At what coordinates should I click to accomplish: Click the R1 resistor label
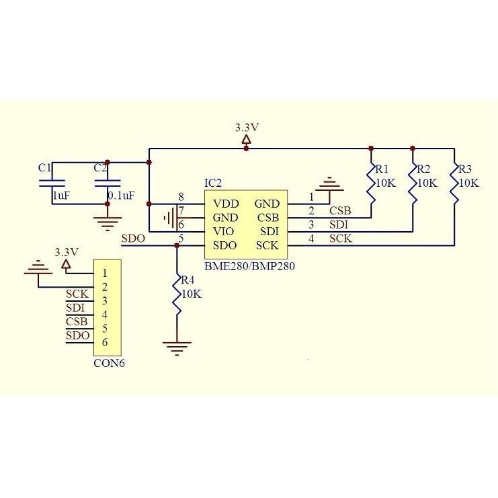coord(382,169)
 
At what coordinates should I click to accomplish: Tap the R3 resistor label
coord(466,169)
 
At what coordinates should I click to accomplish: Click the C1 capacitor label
coord(44,167)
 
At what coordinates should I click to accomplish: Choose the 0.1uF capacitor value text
coord(122,196)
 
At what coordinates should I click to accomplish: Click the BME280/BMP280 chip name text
coord(250,266)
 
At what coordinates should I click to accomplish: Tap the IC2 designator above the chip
coord(213,183)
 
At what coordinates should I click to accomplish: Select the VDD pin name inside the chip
coord(225,203)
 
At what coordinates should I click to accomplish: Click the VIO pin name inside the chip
coord(224,231)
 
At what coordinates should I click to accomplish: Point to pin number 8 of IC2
coord(181,197)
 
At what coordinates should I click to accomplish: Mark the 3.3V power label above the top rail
coord(247,127)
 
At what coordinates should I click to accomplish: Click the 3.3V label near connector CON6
coord(67,252)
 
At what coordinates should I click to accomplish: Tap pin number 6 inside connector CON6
coord(105,343)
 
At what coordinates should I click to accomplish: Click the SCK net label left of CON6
coord(77,294)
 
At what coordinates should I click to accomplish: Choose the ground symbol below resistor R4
coord(177,347)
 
